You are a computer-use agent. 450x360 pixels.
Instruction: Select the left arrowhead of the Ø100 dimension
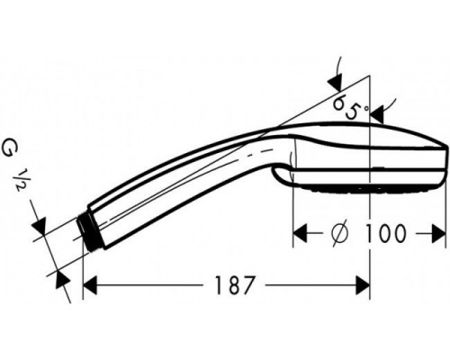[x=301, y=233]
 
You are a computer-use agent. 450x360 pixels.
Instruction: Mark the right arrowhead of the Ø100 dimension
[x=438, y=233]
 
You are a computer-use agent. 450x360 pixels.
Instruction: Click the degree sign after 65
[x=363, y=109]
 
